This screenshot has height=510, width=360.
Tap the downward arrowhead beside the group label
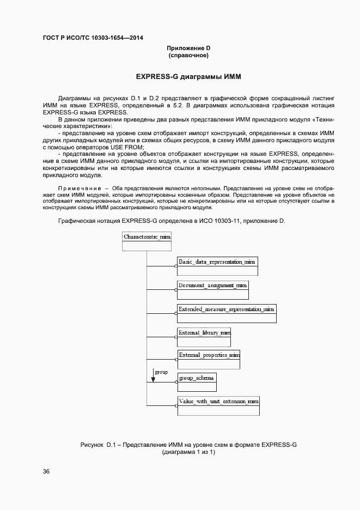click(x=153, y=379)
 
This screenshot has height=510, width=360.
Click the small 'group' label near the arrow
click(x=161, y=372)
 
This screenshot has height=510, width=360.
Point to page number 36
click(x=46, y=472)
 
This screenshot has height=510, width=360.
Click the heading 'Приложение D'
click(x=188, y=48)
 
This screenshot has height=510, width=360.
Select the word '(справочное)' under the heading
click(x=188, y=56)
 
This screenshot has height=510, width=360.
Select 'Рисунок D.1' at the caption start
click(x=99, y=445)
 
